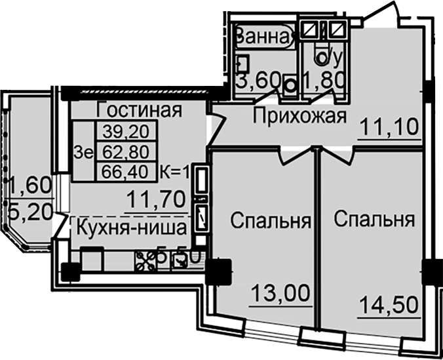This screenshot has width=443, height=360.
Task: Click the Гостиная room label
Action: (x=138, y=110)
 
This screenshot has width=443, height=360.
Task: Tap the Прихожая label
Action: (x=299, y=117)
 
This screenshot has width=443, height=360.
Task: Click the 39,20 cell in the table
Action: (x=125, y=130)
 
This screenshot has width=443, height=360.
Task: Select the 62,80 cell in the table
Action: (x=125, y=151)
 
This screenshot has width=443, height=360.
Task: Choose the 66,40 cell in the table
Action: (x=125, y=172)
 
